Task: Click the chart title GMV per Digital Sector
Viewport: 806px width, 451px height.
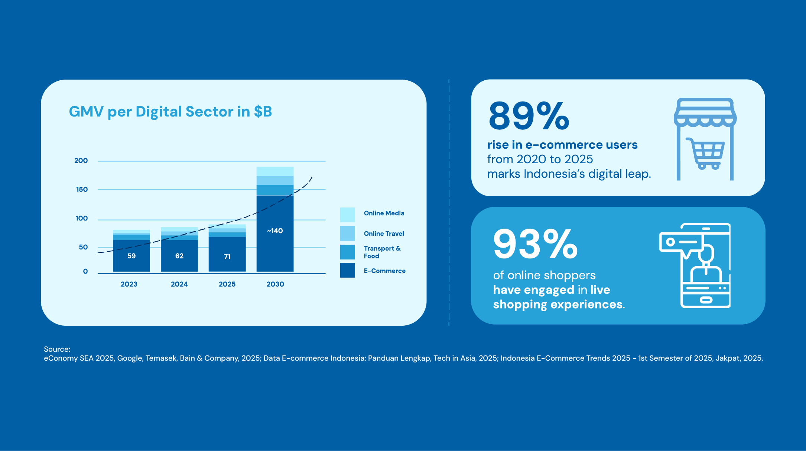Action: [x=170, y=112]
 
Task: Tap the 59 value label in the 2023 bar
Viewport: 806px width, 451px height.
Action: [x=131, y=256]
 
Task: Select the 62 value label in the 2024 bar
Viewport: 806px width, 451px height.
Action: [x=179, y=256]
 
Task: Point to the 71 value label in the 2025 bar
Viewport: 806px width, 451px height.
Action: [x=227, y=257]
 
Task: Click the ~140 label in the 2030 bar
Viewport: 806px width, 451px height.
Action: [x=275, y=231]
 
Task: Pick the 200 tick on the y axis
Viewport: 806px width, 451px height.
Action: [x=81, y=161]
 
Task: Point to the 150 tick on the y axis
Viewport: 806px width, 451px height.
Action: [x=82, y=190]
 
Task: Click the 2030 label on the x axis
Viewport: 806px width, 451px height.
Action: [x=275, y=284]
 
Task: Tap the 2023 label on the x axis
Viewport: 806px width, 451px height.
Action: [x=129, y=284]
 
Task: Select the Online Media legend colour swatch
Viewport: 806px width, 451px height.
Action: [x=347, y=215]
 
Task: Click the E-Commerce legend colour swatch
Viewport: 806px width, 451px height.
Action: [x=347, y=270]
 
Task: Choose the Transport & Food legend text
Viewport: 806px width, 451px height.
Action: [x=382, y=252]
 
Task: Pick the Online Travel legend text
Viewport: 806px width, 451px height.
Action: [x=384, y=233]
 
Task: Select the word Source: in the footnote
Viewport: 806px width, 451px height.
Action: [x=57, y=349]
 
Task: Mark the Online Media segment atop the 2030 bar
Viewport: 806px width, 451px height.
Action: [x=275, y=171]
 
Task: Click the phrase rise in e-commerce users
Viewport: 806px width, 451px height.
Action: [x=562, y=145]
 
